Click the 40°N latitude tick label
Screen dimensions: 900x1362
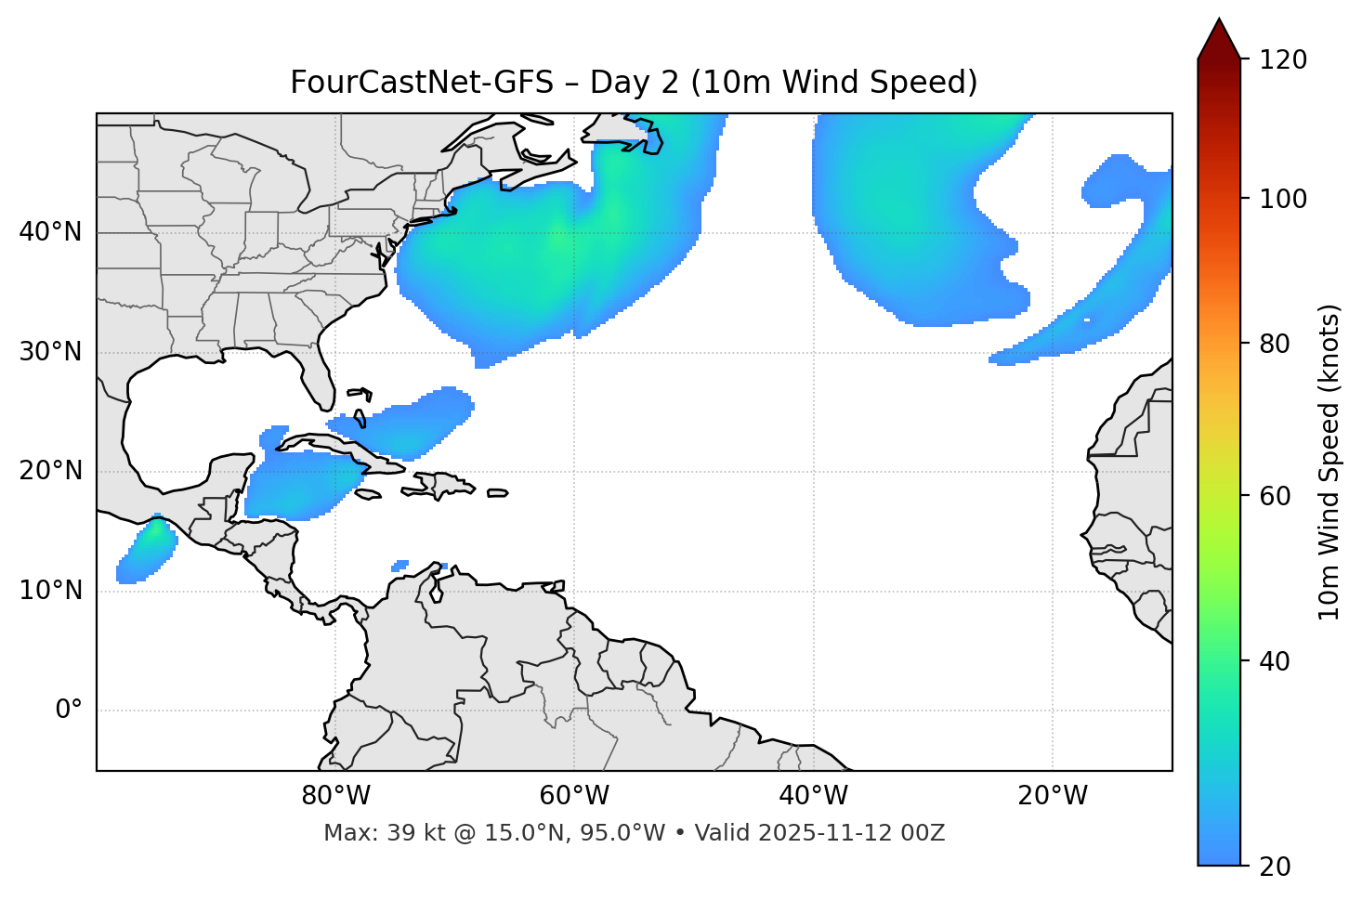(x=50, y=232)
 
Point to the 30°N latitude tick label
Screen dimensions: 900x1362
(x=50, y=352)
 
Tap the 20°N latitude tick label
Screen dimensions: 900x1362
(x=50, y=471)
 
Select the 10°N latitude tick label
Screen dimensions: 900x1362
(x=50, y=591)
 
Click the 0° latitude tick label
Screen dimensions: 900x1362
(x=69, y=711)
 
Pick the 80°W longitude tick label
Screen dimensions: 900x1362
(x=335, y=796)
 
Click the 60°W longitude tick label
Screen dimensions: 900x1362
(x=574, y=796)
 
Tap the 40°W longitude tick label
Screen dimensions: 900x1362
(x=813, y=796)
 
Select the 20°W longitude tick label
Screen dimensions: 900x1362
(x=1052, y=796)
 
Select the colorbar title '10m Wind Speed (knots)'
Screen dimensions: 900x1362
(x=1329, y=463)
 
